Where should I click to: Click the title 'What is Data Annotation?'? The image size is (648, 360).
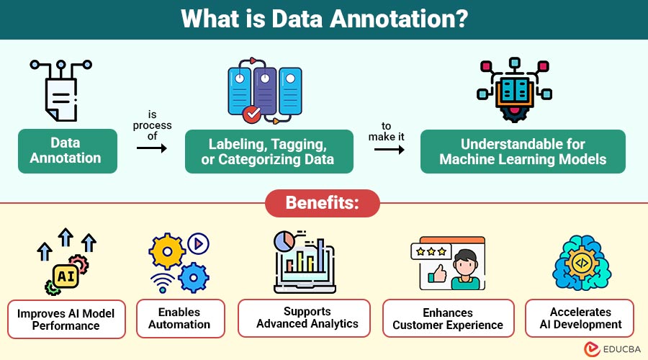324,19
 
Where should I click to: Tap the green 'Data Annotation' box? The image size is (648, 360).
66,150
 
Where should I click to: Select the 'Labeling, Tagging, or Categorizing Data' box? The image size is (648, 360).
268,151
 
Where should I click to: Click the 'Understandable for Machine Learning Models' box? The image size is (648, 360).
522,151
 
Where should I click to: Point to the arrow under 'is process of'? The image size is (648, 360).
151,148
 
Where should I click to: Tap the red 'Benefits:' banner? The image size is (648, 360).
322,203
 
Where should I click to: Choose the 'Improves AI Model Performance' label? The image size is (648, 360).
66,319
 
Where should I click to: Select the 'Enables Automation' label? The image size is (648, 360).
179,318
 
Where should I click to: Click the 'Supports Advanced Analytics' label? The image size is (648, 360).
307,318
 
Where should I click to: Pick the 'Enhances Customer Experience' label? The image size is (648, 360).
448,318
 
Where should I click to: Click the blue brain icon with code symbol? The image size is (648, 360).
580,264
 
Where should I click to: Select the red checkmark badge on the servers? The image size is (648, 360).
252,114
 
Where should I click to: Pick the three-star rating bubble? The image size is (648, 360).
431,251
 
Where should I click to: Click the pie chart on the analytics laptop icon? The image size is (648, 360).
284,240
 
